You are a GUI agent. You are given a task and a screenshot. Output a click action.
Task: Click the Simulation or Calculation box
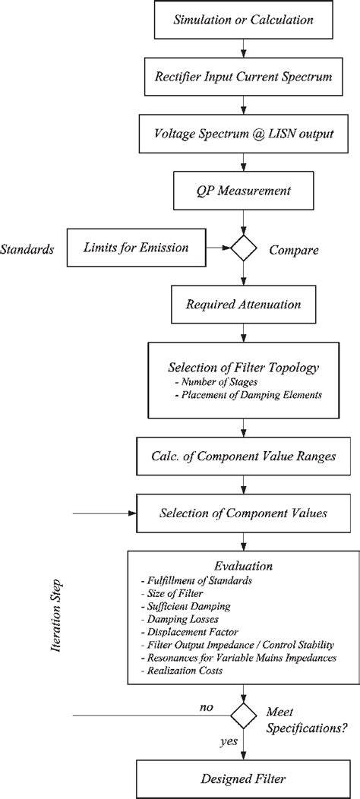point(243,20)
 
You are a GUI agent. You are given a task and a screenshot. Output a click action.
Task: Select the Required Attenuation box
point(243,304)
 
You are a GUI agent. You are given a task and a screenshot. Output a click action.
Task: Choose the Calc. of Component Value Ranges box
point(243,457)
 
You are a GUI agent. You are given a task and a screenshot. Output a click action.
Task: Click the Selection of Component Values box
point(243,513)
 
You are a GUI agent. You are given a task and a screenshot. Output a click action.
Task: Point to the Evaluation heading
point(243,566)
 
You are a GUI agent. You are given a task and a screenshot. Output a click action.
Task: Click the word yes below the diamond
point(226,741)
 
